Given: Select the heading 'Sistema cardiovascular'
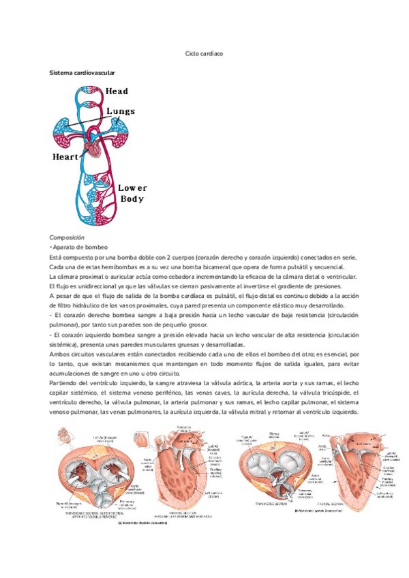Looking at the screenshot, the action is [x=82, y=72].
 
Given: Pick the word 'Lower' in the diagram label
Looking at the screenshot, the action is [x=132, y=187].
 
